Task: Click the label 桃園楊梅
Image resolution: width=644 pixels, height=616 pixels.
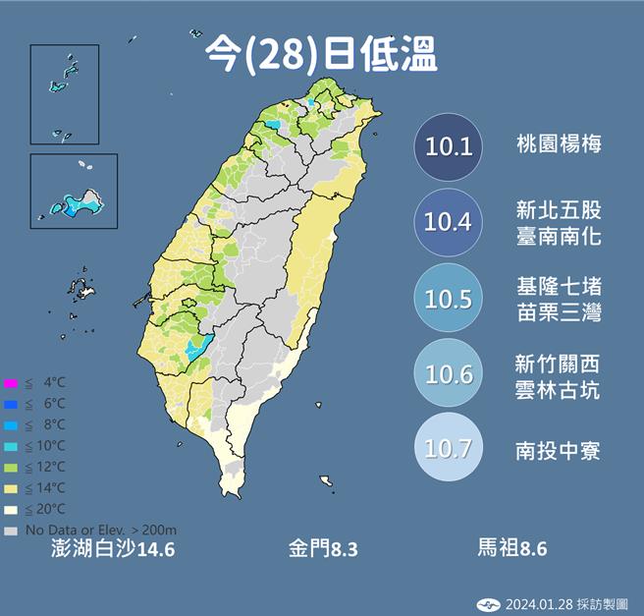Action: [559, 145]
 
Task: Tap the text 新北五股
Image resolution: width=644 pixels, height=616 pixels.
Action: [559, 210]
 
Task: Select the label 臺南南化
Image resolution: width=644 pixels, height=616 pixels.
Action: [559, 237]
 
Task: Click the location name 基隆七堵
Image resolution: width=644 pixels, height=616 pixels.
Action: [559, 287]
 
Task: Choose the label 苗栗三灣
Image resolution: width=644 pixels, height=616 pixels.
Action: [559, 313]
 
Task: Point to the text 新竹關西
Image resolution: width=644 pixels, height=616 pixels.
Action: [559, 363]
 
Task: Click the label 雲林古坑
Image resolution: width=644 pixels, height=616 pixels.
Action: [559, 389]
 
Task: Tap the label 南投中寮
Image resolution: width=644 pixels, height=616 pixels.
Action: [559, 451]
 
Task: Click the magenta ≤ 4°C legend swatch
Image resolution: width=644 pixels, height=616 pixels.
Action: [11, 382]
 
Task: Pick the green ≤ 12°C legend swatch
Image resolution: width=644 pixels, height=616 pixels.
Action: [11, 467]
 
